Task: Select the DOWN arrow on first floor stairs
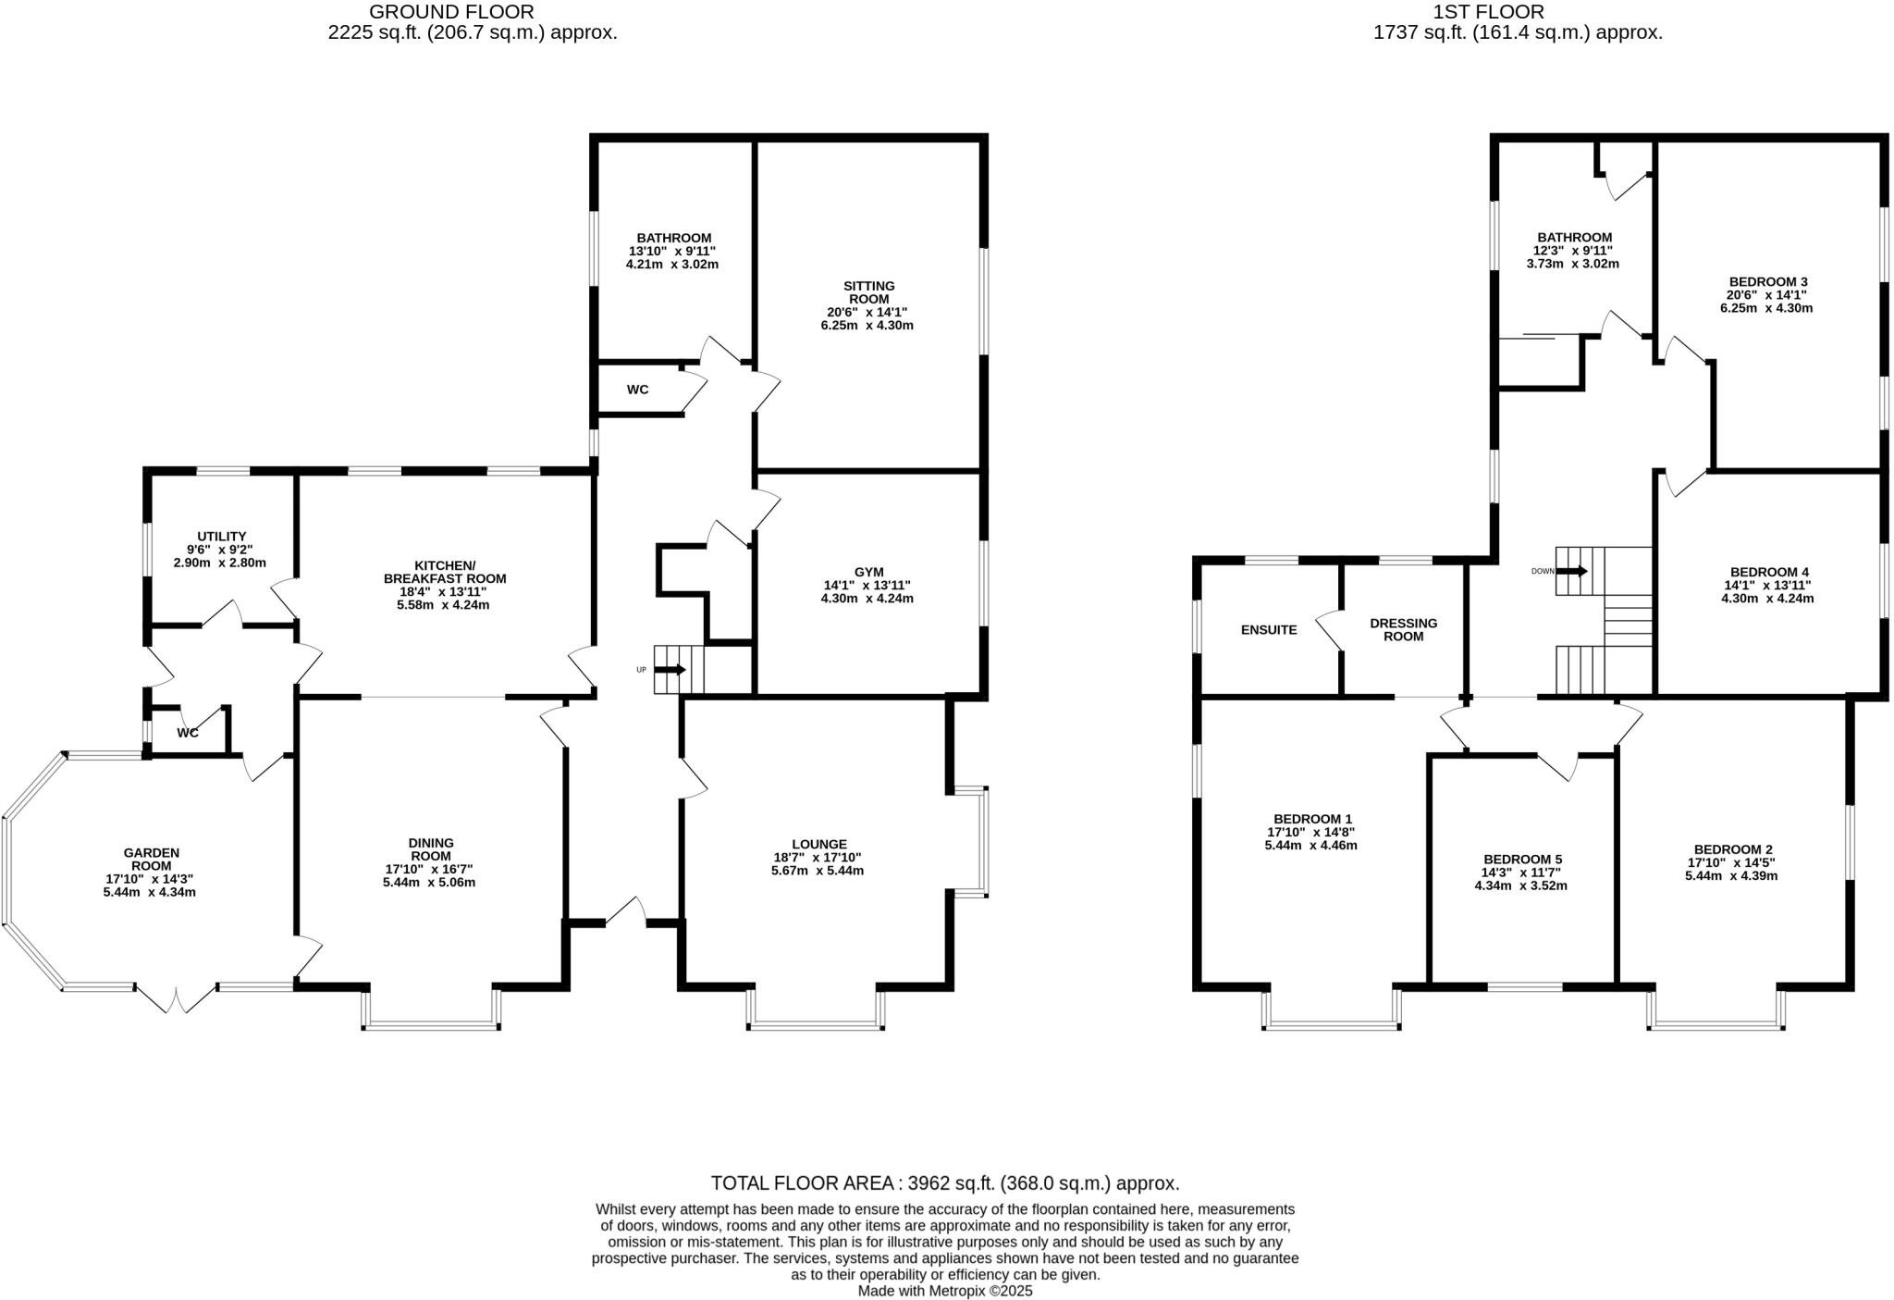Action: (x=1573, y=571)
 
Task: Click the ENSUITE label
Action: (x=1268, y=630)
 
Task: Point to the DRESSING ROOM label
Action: (x=1403, y=629)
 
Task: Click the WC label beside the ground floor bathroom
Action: (x=637, y=390)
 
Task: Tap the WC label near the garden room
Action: (x=188, y=733)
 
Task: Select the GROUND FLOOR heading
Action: (x=451, y=12)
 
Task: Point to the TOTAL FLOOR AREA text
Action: (x=944, y=1182)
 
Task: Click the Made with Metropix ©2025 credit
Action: (x=944, y=1291)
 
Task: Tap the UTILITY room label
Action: (x=221, y=537)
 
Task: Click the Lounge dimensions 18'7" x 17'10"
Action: (x=818, y=858)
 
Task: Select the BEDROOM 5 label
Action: (x=1521, y=860)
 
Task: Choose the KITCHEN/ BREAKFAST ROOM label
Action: (x=445, y=572)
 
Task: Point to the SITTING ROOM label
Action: (x=868, y=292)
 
